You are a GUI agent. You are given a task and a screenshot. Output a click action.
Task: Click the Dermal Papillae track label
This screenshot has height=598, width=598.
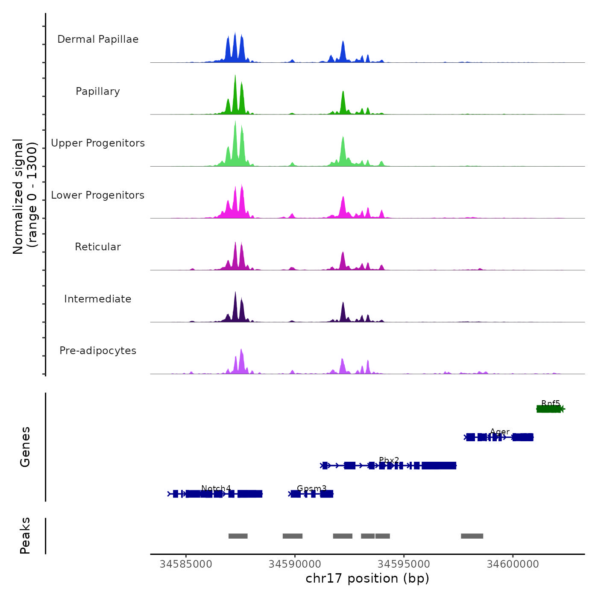pos(98,39)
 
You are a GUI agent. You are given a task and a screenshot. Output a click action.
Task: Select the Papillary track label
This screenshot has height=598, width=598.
pos(98,91)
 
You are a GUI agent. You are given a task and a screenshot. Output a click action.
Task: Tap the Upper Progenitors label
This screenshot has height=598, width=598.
pos(98,143)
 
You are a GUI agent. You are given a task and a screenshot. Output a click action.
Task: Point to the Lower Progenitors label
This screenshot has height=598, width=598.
pos(98,195)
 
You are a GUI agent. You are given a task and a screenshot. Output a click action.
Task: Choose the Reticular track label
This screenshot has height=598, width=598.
pos(98,247)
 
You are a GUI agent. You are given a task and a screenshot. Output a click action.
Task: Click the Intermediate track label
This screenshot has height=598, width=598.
pos(98,299)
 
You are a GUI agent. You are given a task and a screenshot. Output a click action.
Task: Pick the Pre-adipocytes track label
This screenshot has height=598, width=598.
pos(98,351)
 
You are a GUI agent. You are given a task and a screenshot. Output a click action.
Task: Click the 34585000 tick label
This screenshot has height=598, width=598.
pos(186,564)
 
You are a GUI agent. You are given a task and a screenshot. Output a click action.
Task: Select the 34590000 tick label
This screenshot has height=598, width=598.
pos(295,564)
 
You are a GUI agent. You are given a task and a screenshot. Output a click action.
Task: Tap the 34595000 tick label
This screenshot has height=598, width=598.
pos(404,564)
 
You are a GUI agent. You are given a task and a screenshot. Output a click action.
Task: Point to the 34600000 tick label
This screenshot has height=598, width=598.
pos(513,564)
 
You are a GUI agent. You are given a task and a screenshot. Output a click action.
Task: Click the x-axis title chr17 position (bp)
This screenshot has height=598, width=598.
pos(367,578)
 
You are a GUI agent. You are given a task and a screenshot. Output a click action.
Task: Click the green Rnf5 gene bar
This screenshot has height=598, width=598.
pos(549,409)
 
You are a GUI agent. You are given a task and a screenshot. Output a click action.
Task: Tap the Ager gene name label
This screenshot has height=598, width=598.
pos(500,432)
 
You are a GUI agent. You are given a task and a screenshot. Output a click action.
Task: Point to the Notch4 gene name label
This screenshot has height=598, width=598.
pos(216,488)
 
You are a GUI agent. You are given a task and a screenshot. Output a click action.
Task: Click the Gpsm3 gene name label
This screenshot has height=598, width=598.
pos(312,488)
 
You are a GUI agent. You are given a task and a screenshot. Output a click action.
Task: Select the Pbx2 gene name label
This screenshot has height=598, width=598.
pos(389,460)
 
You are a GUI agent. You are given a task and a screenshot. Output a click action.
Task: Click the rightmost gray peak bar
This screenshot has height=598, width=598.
pos(472,536)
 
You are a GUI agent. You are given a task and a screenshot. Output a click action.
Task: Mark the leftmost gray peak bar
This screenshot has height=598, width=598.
pos(238,536)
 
